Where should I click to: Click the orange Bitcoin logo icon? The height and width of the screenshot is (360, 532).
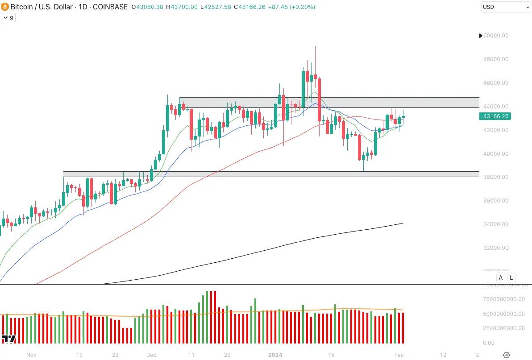5,7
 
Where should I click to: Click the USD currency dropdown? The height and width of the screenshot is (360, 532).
505,7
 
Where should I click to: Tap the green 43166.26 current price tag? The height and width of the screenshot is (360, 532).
495,116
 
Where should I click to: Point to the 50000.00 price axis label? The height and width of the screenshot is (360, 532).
496,36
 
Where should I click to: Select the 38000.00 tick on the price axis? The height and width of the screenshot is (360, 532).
496,177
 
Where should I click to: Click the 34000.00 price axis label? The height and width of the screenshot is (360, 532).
496,224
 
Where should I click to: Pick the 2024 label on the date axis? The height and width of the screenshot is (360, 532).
274,355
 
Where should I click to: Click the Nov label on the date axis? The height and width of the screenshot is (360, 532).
31,355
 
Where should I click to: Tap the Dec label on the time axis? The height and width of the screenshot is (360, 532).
151,355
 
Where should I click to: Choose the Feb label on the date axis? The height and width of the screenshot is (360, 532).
399,355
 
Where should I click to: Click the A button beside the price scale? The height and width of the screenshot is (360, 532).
501,277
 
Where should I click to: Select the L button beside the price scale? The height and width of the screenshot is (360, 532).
511,277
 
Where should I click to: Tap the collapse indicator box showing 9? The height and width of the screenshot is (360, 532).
8,18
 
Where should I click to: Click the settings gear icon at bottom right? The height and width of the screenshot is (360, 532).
506,355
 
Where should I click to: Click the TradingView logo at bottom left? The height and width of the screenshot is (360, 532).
9,339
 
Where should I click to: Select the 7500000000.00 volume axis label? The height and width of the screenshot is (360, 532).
504,299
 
